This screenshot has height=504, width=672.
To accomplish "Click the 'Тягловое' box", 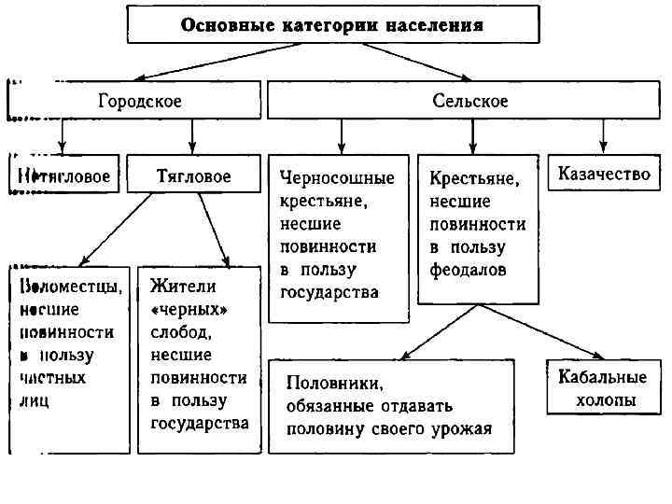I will tap(193, 175).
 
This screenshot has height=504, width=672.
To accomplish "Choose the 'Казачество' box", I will tap(603, 175).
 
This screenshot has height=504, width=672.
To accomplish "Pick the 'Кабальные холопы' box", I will tap(602, 388).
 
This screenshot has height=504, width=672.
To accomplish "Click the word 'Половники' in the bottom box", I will tap(331, 383).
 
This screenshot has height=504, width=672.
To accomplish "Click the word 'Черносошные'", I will tap(337, 177).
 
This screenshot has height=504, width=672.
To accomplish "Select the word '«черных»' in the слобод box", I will tap(188, 308).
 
